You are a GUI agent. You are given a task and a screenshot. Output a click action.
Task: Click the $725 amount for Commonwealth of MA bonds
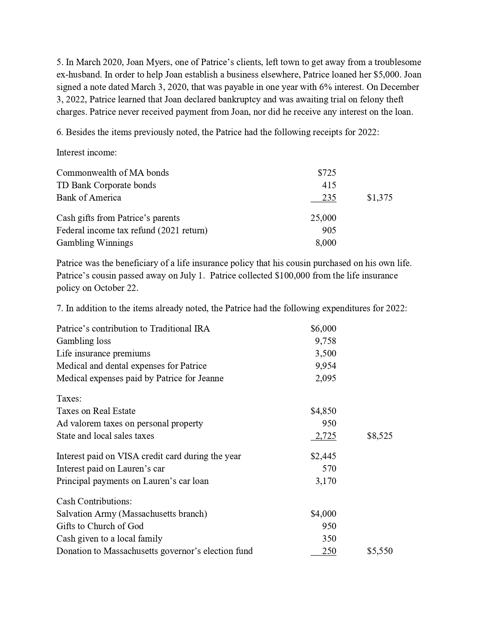coord(327,173)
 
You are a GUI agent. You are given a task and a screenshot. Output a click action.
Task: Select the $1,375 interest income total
coord(379,198)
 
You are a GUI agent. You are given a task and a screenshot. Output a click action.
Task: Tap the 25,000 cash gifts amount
coord(323,218)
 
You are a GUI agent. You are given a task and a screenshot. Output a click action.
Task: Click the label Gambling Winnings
coord(94,243)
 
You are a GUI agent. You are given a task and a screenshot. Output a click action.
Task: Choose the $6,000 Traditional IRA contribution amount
coord(323,329)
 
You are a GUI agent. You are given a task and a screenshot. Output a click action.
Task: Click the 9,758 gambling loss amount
coord(326,341)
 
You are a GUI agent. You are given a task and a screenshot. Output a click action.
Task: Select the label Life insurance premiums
coord(103,353)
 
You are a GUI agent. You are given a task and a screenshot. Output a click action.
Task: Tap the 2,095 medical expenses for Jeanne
coord(326,378)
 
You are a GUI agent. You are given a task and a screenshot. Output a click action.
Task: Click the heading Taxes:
coord(69,399)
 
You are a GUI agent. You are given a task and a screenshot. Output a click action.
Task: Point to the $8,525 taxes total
coord(379,436)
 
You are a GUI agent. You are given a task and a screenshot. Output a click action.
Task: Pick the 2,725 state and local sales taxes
coord(326,436)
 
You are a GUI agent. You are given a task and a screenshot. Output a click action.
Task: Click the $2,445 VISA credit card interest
coord(323,456)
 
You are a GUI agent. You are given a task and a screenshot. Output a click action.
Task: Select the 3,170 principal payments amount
coord(326,481)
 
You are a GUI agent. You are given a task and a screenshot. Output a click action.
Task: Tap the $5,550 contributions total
coord(379,551)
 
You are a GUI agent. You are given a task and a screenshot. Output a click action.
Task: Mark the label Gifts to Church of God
coord(100,526)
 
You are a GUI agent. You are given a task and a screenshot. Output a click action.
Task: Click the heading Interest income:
coord(87,152)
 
